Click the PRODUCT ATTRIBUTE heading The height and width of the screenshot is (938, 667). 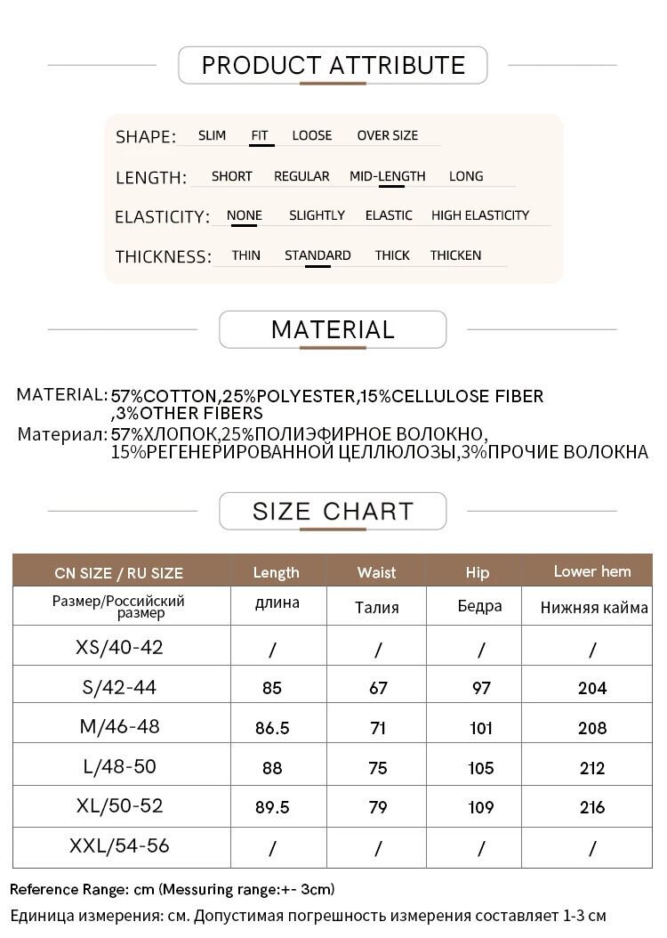(x=333, y=65)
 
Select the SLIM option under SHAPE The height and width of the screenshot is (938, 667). (x=212, y=135)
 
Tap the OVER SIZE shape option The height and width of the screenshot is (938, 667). (x=387, y=135)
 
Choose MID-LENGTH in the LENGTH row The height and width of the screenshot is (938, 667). (x=387, y=176)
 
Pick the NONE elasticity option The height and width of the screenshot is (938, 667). (x=244, y=215)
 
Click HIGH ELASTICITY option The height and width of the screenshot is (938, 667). (x=479, y=215)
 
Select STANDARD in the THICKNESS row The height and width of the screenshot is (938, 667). (x=317, y=255)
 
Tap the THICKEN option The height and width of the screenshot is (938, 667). (x=455, y=255)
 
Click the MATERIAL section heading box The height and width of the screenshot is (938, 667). (x=333, y=329)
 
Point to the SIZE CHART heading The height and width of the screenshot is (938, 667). (x=333, y=511)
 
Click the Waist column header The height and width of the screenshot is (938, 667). (x=376, y=572)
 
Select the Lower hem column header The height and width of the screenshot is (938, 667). (x=591, y=571)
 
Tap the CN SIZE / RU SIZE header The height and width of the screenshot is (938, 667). (x=118, y=572)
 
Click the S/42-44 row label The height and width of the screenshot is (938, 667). (x=119, y=686)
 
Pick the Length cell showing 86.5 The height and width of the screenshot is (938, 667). (x=272, y=728)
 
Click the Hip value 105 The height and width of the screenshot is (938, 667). (x=481, y=768)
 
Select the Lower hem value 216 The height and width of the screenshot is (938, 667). (x=592, y=807)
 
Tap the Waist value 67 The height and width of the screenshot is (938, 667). (x=378, y=688)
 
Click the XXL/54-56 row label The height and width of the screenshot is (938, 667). (x=119, y=845)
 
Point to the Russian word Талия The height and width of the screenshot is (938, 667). (x=376, y=608)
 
